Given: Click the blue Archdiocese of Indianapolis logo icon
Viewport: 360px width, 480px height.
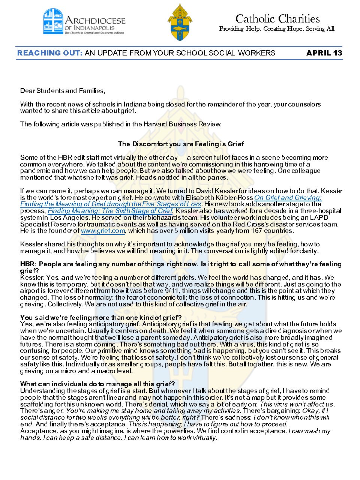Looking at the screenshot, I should click(x=53, y=21).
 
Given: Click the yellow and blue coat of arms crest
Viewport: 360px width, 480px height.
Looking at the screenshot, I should click(x=180, y=23).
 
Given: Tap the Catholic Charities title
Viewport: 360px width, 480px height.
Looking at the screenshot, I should click(x=277, y=19).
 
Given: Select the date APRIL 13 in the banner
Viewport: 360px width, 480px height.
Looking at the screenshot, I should click(x=324, y=53).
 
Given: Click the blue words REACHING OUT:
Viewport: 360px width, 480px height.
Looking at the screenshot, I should click(x=50, y=53).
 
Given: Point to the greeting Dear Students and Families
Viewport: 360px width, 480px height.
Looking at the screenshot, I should click(x=63, y=91).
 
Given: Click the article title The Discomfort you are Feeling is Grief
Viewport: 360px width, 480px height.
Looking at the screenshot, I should click(x=181, y=144).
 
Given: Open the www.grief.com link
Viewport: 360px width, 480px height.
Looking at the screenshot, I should click(x=103, y=231).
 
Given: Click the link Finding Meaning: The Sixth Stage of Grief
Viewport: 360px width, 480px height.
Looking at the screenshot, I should click(x=110, y=211).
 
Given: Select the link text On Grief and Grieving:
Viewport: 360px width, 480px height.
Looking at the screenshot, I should click(x=288, y=198).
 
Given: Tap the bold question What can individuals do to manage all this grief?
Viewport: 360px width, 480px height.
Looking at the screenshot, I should click(x=97, y=384).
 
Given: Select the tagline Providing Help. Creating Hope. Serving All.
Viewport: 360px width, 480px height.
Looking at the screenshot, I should click(x=277, y=29).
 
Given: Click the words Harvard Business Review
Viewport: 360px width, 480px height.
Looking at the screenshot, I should click(x=182, y=124).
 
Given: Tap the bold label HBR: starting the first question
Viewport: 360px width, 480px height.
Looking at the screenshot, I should click(x=28, y=264).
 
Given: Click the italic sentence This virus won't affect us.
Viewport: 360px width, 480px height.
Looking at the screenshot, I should click(x=297, y=404).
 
